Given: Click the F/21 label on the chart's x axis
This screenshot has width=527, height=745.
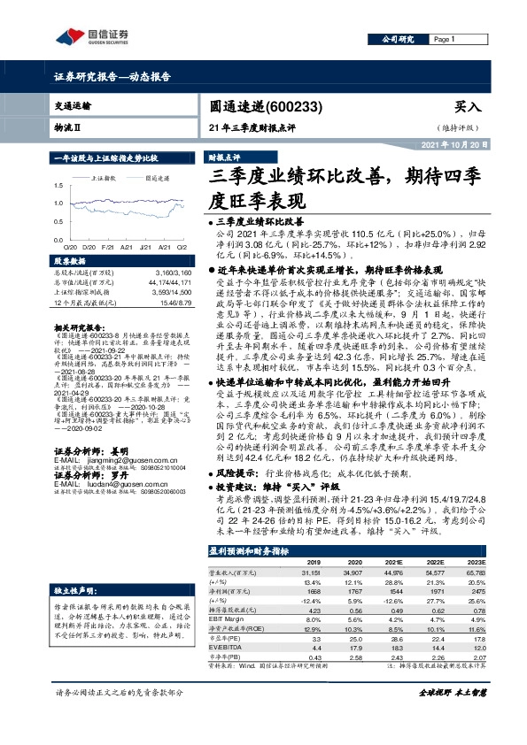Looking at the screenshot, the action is [x=107, y=247].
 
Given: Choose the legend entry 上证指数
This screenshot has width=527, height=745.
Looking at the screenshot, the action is [x=105, y=178].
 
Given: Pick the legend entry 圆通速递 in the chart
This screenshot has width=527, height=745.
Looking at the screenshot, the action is [x=158, y=178].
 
